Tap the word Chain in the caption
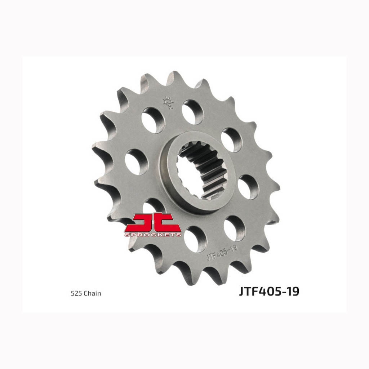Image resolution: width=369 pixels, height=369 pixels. (x=92, y=293)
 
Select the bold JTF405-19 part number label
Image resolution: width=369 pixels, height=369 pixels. (x=269, y=291)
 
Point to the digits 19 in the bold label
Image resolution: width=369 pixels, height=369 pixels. (x=294, y=291)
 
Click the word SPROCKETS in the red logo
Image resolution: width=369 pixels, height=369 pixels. (x=153, y=235)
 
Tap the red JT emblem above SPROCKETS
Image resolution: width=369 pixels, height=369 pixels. (x=153, y=222)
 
